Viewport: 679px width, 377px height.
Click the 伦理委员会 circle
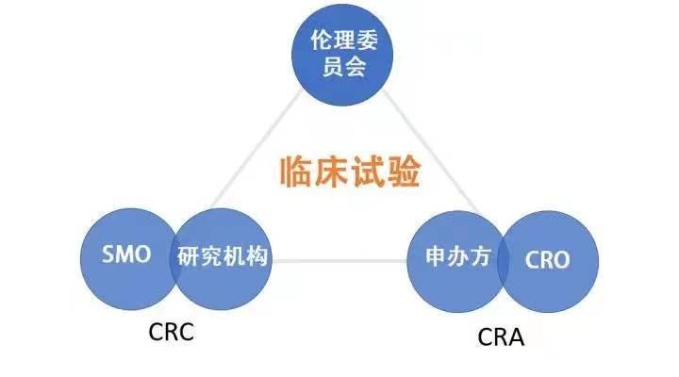(339, 54)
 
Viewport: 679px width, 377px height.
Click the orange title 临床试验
(350, 172)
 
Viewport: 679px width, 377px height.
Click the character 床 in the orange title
(332, 172)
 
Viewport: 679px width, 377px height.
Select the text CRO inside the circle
(547, 259)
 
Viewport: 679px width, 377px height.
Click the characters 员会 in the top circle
(339, 67)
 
